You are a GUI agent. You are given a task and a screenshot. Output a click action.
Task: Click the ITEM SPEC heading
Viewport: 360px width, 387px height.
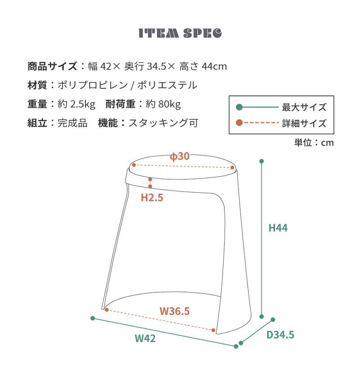[180, 34]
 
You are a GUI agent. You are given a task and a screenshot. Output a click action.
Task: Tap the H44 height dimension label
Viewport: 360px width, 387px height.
[278, 228]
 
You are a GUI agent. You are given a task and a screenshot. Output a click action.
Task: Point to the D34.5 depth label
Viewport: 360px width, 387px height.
[280, 335]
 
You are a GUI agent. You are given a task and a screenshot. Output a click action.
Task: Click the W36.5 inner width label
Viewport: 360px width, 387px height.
[175, 311]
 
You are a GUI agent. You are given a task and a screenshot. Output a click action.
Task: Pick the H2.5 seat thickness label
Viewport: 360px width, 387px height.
[152, 197]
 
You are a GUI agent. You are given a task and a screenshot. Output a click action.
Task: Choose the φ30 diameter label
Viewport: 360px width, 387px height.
[179, 157]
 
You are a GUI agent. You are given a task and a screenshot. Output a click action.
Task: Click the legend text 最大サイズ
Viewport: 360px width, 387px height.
[304, 107]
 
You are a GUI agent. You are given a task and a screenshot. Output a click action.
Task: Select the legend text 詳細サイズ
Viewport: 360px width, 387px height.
[304, 123]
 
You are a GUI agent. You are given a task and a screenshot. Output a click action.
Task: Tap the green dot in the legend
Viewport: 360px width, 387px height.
[239, 107]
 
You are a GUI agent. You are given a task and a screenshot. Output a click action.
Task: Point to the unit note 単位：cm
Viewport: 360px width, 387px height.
[314, 142]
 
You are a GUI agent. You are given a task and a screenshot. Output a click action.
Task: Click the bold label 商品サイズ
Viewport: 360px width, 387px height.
[52, 67]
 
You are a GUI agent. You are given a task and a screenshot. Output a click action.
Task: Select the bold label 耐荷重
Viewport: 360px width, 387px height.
[120, 105]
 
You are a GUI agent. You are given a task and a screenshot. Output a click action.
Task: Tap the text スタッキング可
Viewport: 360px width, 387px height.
[163, 123]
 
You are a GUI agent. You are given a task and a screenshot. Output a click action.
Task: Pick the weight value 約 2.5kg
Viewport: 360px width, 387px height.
[77, 105]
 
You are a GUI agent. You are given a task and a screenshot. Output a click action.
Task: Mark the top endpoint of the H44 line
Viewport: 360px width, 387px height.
[261, 161]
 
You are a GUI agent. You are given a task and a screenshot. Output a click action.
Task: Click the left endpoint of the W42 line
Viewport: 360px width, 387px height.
[93, 319]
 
